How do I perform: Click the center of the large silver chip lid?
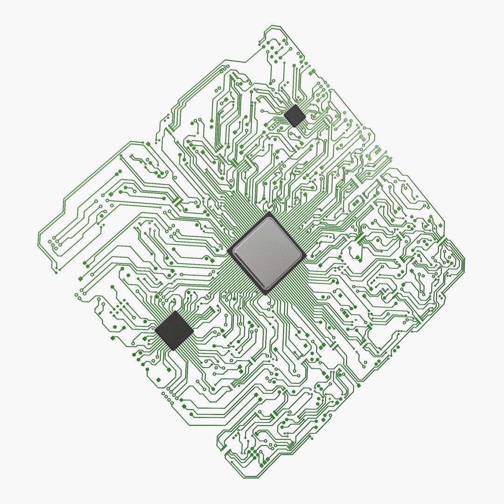point(267,252)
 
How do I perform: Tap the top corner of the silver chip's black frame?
point(269,212)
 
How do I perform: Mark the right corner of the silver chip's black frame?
point(307,256)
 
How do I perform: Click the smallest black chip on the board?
point(295,115)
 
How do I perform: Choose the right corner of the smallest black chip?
point(306,117)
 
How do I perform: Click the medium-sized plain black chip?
point(174,330)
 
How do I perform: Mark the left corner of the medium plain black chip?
point(154,329)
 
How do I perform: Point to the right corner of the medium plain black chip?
point(194,331)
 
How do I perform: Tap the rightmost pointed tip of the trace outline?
point(464,259)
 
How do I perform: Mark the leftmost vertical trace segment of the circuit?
point(39,238)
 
